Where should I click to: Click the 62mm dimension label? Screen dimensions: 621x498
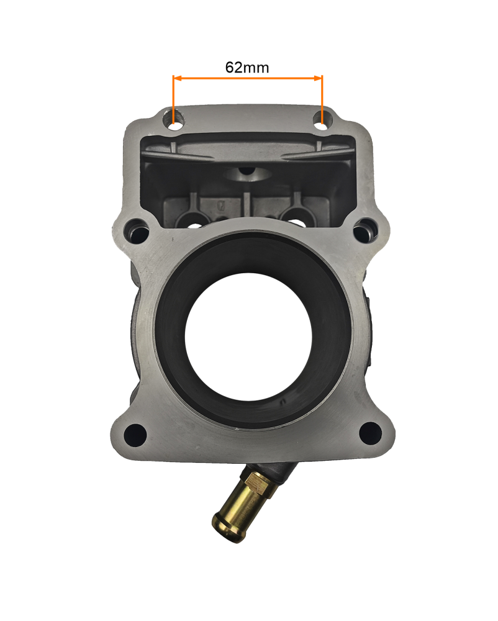[x=247, y=67]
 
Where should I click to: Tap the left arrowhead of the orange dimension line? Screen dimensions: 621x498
[x=176, y=78]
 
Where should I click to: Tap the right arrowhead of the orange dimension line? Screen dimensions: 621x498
[x=319, y=78]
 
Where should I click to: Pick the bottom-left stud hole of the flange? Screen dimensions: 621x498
[x=134, y=432]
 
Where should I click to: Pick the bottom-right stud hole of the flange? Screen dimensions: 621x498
[x=369, y=430]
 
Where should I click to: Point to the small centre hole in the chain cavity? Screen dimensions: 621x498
[x=247, y=170]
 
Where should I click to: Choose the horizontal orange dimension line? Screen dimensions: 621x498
[x=248, y=78]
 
